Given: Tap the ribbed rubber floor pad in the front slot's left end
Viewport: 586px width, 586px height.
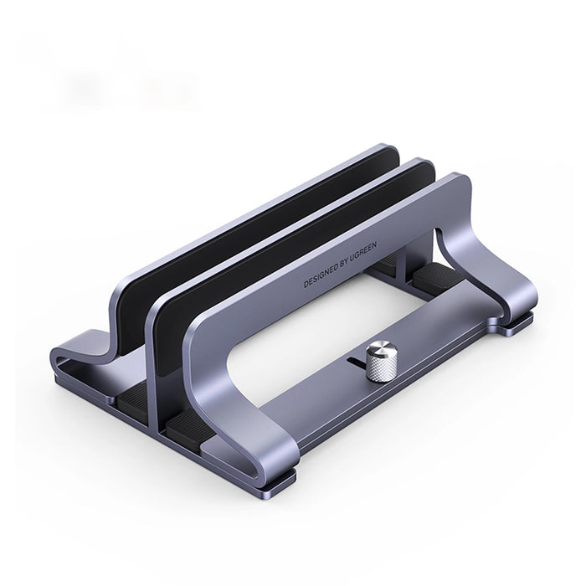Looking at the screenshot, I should tap(188, 428).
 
